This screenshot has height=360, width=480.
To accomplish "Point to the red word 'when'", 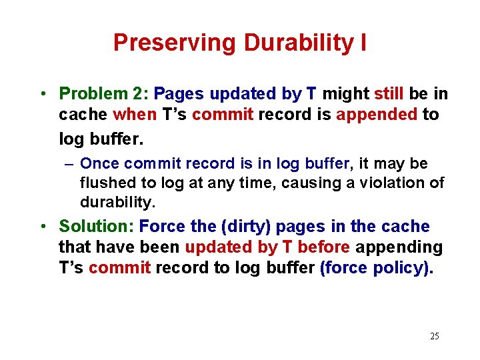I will click(134, 115).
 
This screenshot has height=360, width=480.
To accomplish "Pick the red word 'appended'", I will click(377, 115).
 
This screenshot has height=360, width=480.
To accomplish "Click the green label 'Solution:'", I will click(97, 227).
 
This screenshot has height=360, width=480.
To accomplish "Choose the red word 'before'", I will click(324, 247).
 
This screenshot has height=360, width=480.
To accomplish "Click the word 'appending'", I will click(399, 247).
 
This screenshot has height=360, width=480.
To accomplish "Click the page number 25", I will click(434, 336).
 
